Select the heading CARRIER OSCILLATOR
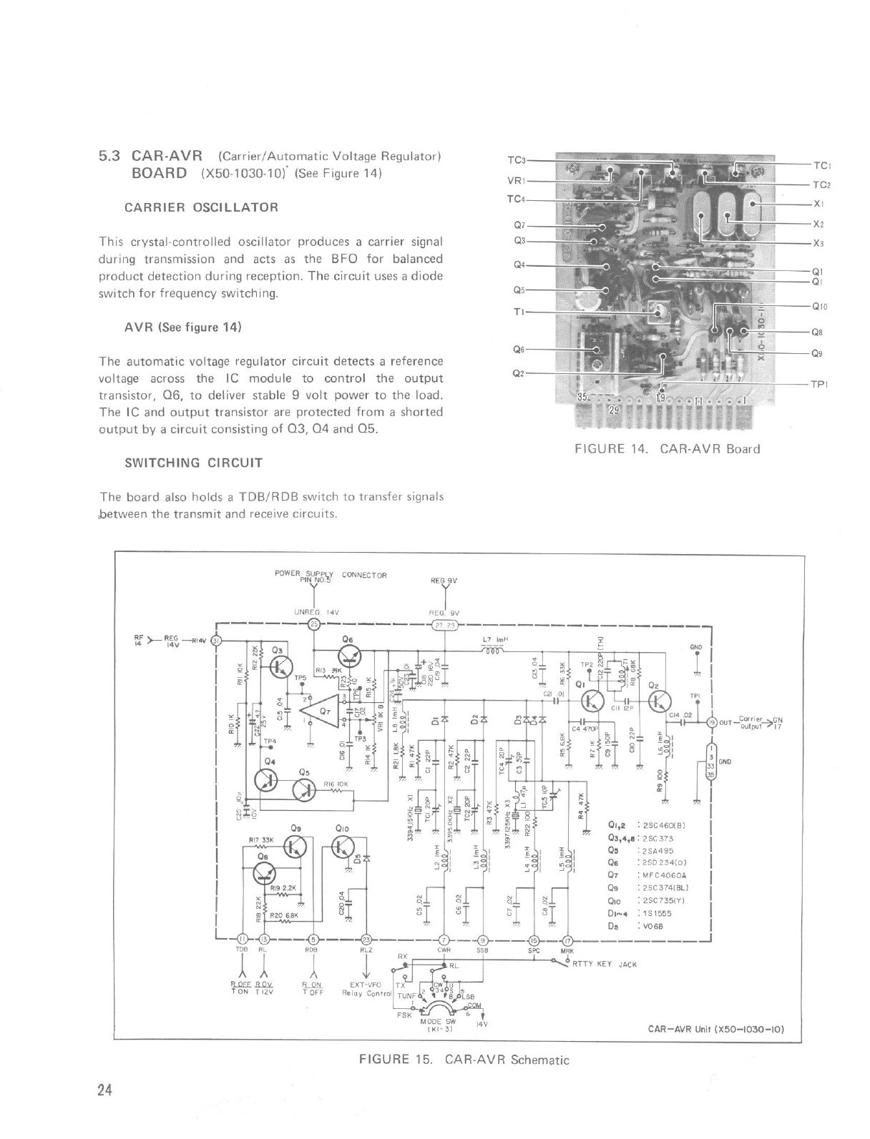pyautogui.click(x=201, y=207)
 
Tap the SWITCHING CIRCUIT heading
pyautogui.click(x=193, y=463)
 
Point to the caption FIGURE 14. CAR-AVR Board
pyautogui.click(x=667, y=449)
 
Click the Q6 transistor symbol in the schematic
pyautogui.click(x=350, y=656)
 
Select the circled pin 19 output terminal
pyautogui.click(x=711, y=721)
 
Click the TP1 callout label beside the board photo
pyautogui.click(x=818, y=384)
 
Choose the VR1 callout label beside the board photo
pyautogui.click(x=516, y=180)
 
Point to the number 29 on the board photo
pyautogui.click(x=612, y=410)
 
